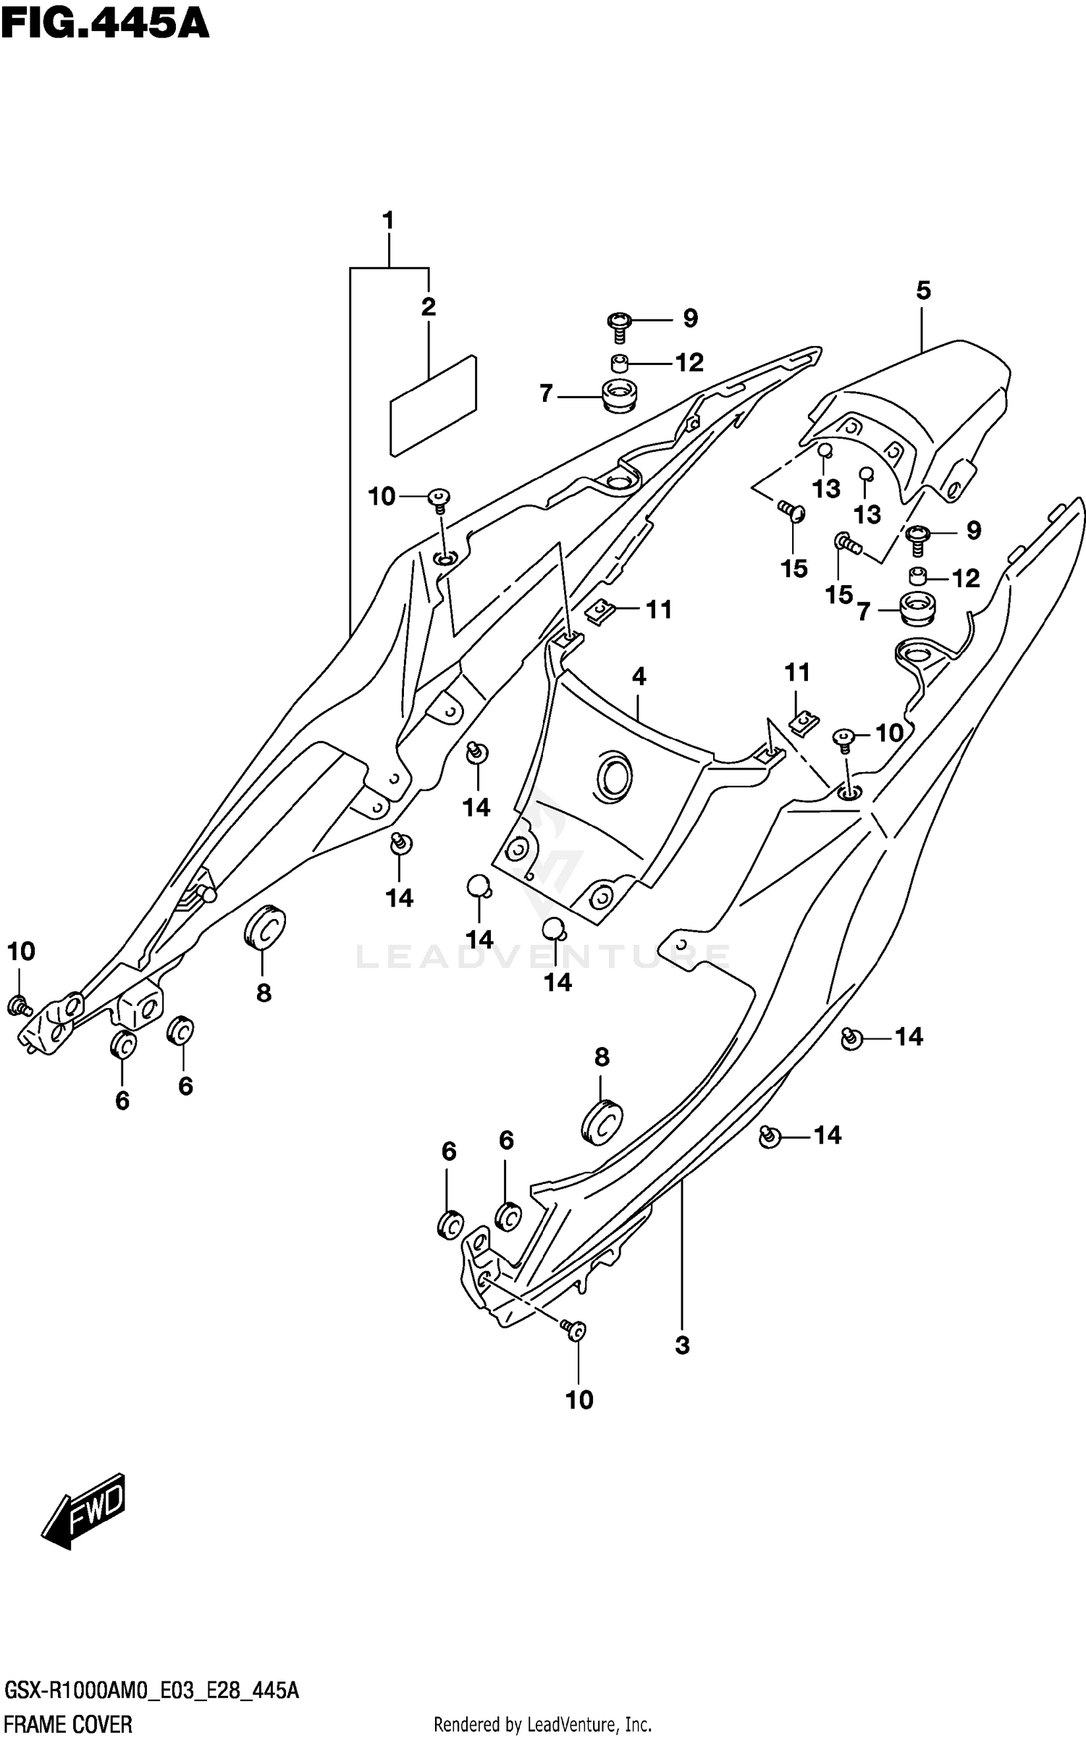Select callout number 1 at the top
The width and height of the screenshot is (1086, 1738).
388,220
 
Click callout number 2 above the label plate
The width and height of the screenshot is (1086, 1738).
429,307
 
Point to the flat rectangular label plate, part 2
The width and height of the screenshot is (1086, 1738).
433,406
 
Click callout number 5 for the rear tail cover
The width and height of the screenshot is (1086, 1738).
923,290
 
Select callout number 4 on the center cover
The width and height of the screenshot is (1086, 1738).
639,676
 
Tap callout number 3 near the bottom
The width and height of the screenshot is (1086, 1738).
682,1346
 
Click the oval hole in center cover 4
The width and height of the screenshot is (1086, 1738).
614,778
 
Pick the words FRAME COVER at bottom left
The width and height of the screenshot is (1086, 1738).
69,1724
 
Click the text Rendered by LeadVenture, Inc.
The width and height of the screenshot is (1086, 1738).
542,1724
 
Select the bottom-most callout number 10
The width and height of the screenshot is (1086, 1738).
579,1400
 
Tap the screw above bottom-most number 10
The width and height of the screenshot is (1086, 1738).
574,1330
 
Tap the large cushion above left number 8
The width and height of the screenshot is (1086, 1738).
264,925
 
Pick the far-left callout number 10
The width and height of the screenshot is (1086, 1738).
21,951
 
